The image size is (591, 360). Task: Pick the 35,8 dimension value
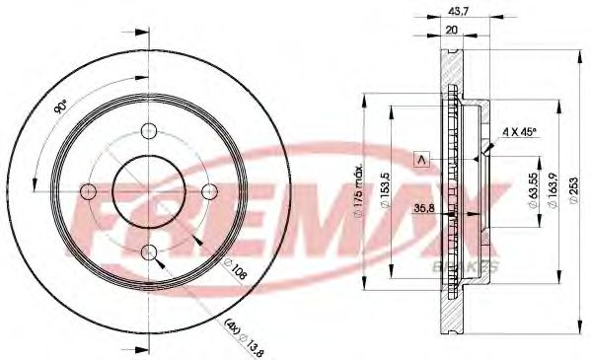click(x=425, y=208)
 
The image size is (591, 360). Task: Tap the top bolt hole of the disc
click(x=149, y=132)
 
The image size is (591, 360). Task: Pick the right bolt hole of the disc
click(x=210, y=192)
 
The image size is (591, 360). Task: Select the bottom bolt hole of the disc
click(x=149, y=253)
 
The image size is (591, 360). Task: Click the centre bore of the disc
click(x=149, y=192)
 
